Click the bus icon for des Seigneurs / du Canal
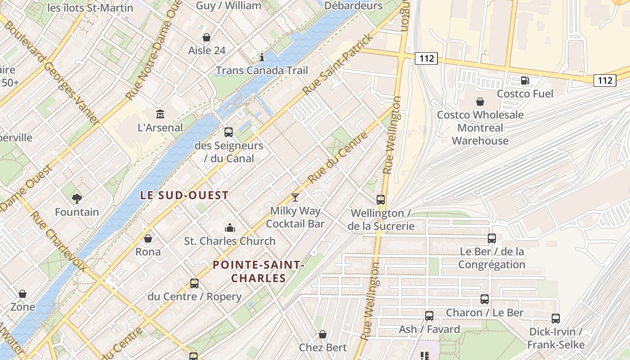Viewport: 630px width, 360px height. (229, 132)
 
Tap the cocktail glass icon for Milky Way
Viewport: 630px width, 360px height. (295, 197)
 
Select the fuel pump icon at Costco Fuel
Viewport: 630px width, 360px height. (525, 81)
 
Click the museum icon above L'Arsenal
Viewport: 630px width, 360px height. (160, 114)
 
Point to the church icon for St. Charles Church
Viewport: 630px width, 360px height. (230, 228)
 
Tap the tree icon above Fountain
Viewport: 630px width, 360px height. (77, 198)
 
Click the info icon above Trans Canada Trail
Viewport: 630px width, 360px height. (262, 57)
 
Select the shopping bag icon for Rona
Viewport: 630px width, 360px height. (148, 238)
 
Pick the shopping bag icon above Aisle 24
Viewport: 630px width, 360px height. (207, 37)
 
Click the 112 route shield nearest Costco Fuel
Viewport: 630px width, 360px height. (605, 81)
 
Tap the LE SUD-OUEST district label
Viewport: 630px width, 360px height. (184, 195)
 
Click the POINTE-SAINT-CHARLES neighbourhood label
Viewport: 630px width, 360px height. (259, 271)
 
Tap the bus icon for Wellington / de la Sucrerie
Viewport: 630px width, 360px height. (381, 199)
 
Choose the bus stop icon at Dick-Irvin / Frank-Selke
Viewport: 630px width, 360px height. (556, 319)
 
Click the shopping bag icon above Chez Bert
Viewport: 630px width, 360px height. (323, 334)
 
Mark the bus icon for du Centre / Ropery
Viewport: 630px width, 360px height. (194, 283)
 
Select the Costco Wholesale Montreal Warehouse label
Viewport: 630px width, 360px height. (480, 128)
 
